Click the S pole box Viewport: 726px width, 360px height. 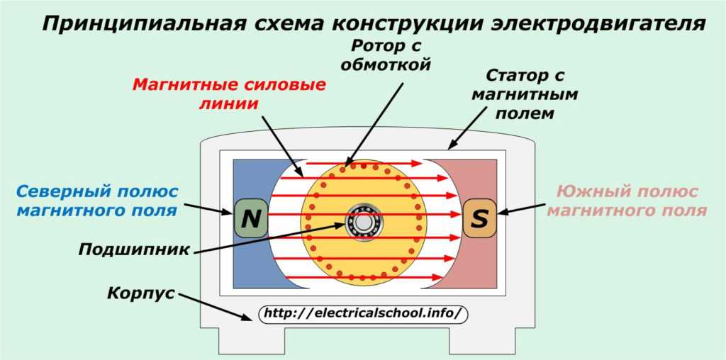(x=479, y=219)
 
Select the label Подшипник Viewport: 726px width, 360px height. (x=134, y=250)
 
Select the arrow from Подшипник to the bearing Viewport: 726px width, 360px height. (x=269, y=237)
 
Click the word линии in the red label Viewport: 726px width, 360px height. (x=228, y=103)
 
